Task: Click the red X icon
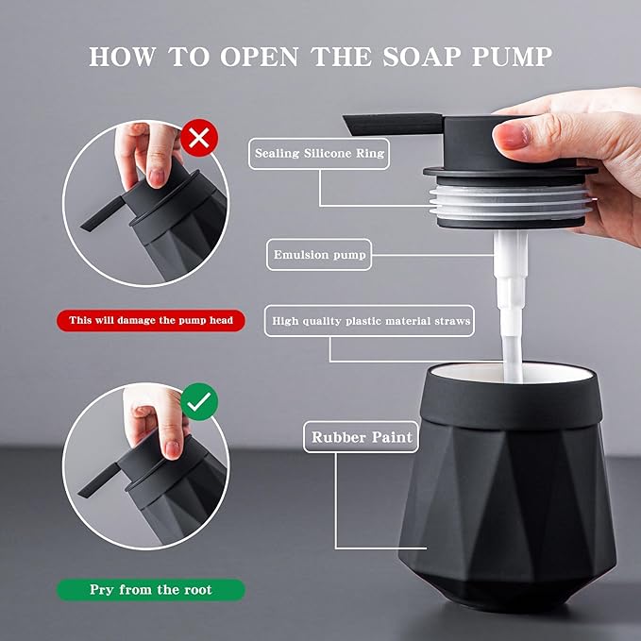pos(199,138)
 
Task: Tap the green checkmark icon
pos(199,402)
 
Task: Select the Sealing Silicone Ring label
pos(319,154)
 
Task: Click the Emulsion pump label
pos(319,255)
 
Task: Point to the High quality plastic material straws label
pos(369,321)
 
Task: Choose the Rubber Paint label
pos(362,437)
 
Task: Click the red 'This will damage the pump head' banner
pos(151,320)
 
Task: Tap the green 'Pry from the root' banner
pos(151,589)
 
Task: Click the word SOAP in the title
pos(422,57)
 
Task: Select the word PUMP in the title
pos(513,57)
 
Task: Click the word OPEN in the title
pos(260,57)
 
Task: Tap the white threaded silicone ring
pos(511,202)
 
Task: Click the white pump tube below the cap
pos(511,302)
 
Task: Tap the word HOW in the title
pos(122,57)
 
